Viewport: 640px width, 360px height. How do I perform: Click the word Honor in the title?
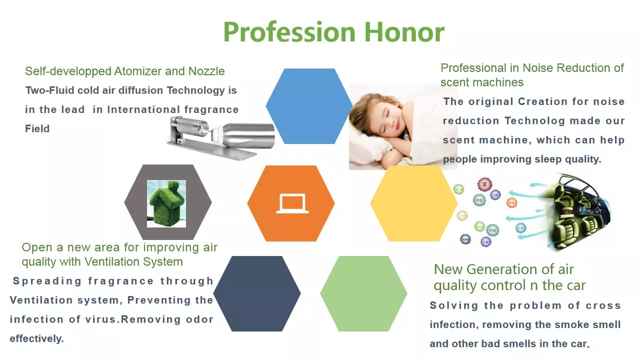coord(404,32)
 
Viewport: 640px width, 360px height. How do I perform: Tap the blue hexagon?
coord(309,106)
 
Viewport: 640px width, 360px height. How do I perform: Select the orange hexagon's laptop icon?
coord(292,203)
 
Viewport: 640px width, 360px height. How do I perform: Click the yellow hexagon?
coord(413,203)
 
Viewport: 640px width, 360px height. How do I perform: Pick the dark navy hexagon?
coord(257,293)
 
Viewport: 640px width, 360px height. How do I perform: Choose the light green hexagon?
coord(363,293)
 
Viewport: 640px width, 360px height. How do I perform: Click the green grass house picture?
coord(166,203)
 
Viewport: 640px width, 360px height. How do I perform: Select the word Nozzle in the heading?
coord(206,71)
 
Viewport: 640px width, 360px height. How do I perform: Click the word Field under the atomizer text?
coord(37,128)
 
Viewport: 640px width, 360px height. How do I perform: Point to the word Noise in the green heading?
coord(538,68)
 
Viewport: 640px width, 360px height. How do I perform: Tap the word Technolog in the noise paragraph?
coord(534,121)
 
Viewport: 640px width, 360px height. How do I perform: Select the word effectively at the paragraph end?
coord(36,338)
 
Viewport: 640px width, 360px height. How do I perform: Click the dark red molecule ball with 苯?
coord(484,184)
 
